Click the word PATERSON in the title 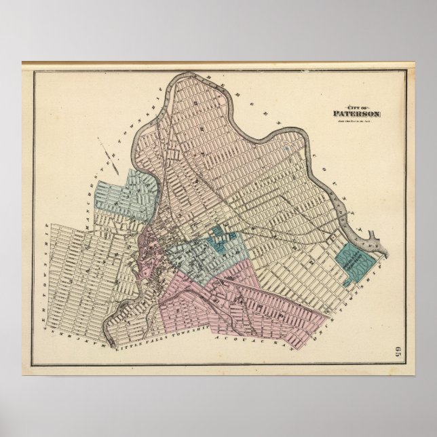(356, 113)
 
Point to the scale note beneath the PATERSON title (355, 121)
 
